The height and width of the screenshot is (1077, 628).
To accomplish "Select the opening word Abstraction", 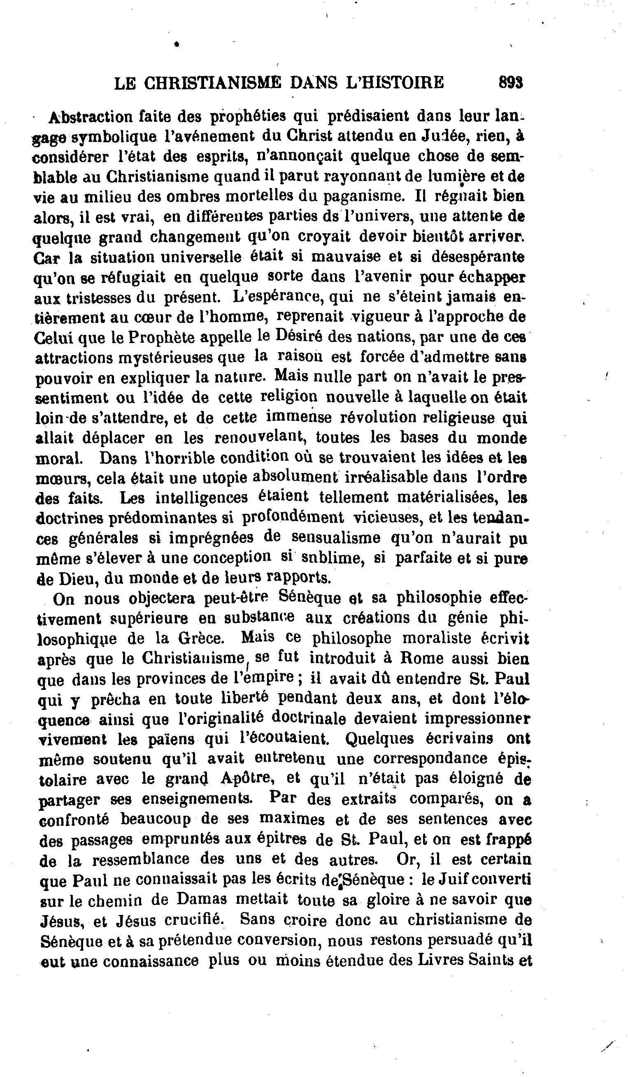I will click(91, 117).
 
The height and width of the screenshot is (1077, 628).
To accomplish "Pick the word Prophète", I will click(162, 338).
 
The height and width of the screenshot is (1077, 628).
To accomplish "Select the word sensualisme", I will click(335, 538).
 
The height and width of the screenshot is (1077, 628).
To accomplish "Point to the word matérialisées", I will click(447, 498).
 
